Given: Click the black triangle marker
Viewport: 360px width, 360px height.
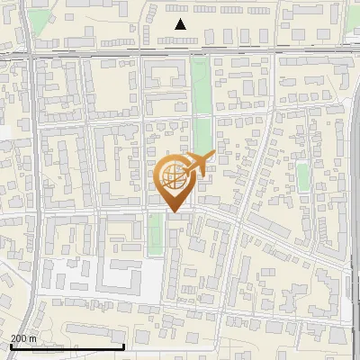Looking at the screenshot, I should (181, 24).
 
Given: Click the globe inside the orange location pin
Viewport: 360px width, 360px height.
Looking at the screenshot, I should (171, 176).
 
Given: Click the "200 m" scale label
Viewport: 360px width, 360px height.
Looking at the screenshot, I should (23, 338).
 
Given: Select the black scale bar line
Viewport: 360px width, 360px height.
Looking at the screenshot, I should (67, 346).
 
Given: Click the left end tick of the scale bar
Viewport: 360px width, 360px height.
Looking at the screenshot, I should (10, 345).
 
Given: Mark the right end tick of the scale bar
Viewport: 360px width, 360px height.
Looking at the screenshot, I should (123, 345).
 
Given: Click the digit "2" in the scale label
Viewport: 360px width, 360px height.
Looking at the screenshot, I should (13, 338).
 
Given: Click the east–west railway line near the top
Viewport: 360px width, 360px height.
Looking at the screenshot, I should (108, 53).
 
